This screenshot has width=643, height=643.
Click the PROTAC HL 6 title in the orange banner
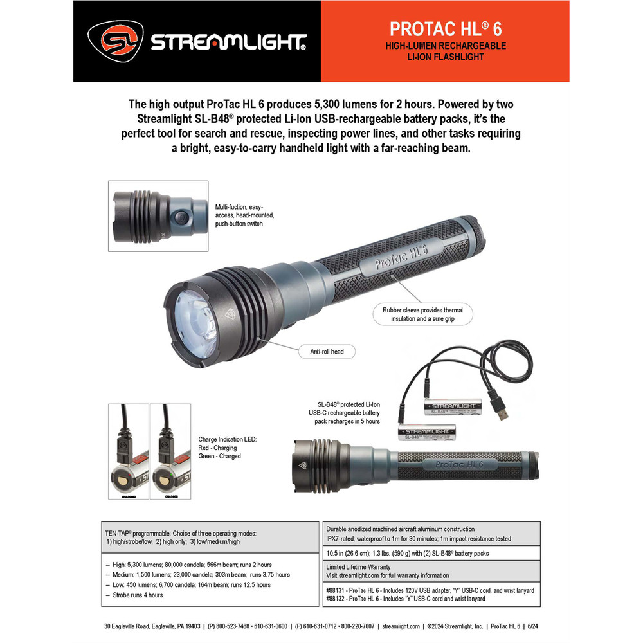[x=445, y=29]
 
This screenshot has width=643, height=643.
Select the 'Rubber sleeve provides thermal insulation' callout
[x=422, y=314]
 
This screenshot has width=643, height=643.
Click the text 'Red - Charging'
[x=217, y=448]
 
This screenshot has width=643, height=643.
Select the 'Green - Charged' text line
[x=219, y=456]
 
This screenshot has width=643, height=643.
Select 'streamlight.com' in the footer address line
[x=401, y=626]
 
